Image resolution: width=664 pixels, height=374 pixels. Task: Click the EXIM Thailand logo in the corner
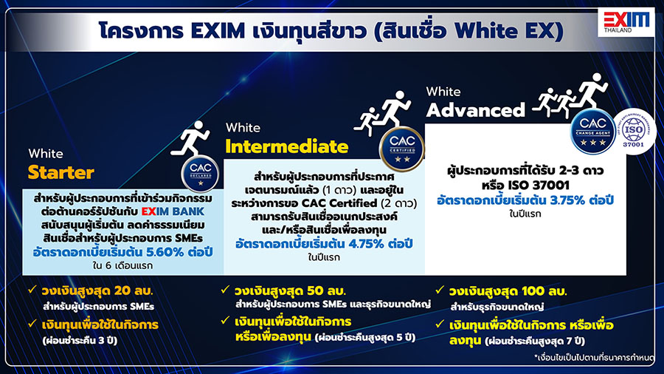click(x=626, y=24)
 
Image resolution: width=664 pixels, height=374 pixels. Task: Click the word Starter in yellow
click(x=61, y=173)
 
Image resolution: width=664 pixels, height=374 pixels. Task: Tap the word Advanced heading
click(x=475, y=110)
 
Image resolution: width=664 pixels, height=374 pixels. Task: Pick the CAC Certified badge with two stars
click(x=397, y=149)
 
